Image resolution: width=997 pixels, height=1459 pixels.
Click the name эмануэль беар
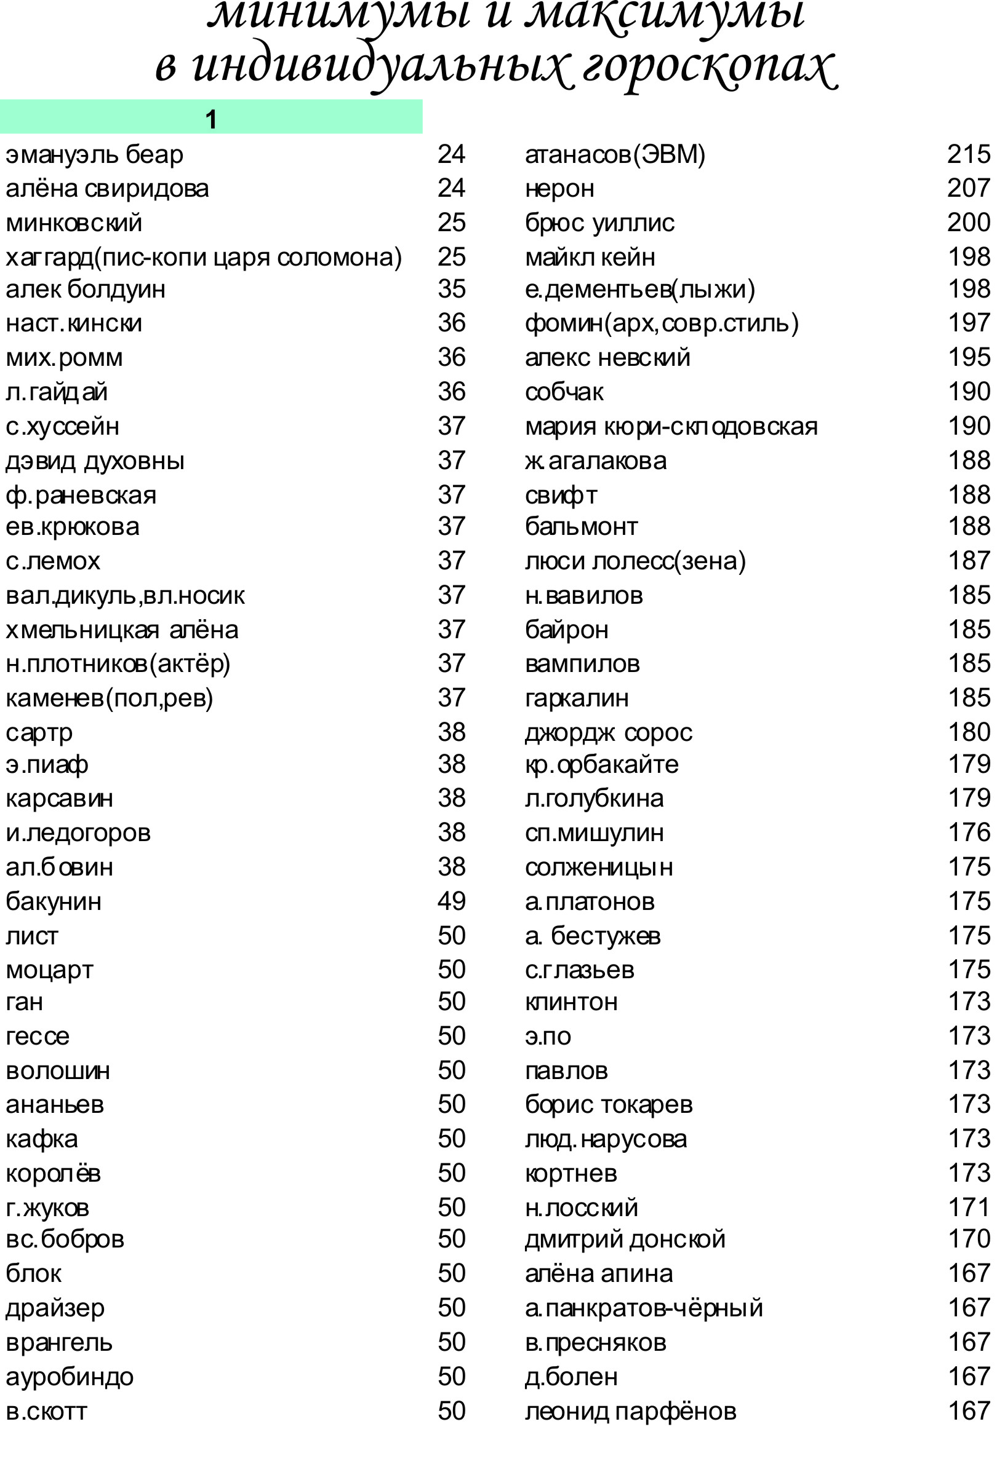tap(94, 154)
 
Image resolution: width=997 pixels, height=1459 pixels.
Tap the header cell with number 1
tap(211, 119)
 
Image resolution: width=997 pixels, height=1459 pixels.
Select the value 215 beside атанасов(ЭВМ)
tap(968, 154)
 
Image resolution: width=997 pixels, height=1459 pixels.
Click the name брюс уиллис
tap(599, 223)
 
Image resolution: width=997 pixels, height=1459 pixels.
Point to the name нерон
tap(559, 189)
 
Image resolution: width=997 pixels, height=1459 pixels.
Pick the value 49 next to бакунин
tap(451, 901)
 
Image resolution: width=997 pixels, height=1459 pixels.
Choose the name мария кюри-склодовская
tap(671, 427)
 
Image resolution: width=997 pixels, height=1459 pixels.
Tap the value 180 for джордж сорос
tap(968, 732)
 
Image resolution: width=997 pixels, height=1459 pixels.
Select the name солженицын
tap(599, 868)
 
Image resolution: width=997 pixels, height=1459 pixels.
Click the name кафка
tap(41, 1139)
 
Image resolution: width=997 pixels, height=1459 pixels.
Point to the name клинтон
tap(571, 1002)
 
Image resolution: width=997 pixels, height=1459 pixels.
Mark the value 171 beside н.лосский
tap(968, 1208)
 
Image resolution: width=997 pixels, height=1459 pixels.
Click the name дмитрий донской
tap(625, 1240)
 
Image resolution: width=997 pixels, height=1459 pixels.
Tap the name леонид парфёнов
tap(630, 1411)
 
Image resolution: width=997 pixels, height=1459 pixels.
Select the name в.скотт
tap(46, 1411)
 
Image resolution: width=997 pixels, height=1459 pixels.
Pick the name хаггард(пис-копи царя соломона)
tap(204, 258)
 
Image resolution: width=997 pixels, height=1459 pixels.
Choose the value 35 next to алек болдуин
tap(451, 290)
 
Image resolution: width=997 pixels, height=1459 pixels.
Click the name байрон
tap(567, 630)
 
